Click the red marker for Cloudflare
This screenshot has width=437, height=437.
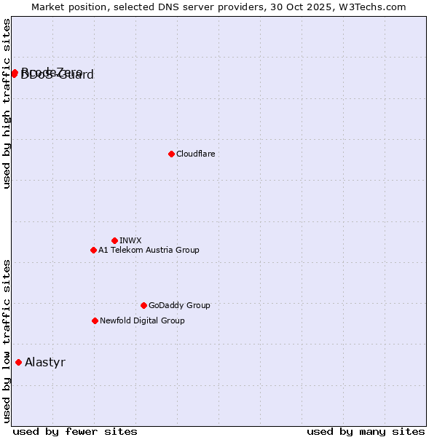[171, 154]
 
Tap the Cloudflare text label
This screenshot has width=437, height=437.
[196, 154]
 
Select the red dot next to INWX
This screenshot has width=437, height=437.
[114, 240]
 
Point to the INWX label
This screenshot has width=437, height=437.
[130, 240]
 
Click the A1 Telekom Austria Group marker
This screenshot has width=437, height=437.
[93, 250]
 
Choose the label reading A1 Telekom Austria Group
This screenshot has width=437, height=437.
[149, 250]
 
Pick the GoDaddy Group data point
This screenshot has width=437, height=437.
[143, 305]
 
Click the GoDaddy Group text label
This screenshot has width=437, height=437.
[179, 305]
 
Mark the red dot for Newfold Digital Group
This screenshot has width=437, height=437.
[95, 320]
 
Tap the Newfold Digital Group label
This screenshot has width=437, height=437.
[142, 320]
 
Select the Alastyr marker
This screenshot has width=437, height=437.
[18, 362]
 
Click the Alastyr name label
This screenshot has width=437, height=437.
[45, 362]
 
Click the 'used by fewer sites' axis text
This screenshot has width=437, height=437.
[75, 431]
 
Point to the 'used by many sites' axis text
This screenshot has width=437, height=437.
[366, 431]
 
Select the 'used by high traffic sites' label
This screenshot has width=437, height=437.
[7, 103]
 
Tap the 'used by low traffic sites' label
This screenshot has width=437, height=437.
[7, 340]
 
